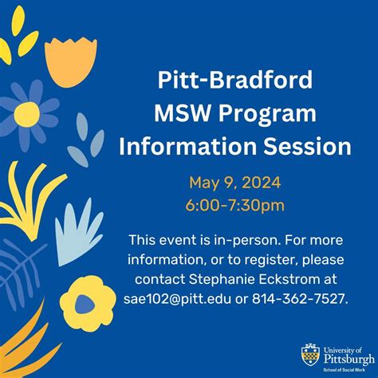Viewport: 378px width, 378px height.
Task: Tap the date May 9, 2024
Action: point(235,183)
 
